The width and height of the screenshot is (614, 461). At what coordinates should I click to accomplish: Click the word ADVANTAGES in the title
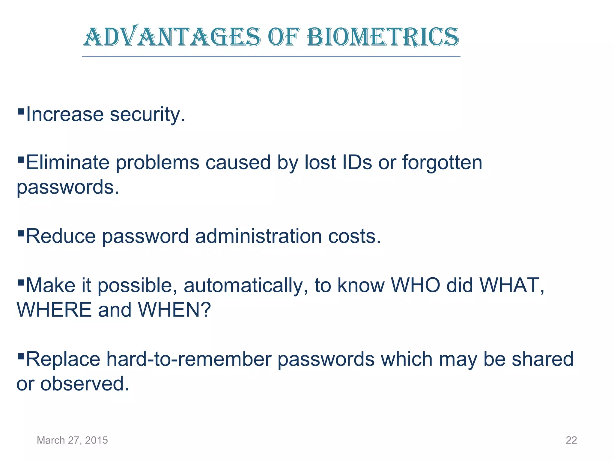[172, 37]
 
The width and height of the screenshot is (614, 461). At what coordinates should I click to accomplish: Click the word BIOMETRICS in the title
[383, 37]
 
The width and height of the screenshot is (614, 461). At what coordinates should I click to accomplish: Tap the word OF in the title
[284, 37]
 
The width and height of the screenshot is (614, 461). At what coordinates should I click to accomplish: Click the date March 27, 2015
[72, 440]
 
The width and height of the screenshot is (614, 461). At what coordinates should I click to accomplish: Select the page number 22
[571, 440]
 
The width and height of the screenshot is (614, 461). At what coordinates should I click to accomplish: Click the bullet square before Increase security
[21, 112]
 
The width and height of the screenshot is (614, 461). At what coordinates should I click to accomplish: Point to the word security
[147, 115]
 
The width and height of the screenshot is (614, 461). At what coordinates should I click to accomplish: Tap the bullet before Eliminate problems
[21, 159]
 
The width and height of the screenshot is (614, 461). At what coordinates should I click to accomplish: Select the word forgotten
[442, 163]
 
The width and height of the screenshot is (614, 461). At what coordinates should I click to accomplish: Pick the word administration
[258, 237]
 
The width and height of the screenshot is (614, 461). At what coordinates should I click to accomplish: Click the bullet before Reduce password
[21, 233]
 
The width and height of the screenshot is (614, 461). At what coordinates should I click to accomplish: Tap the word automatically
[246, 286]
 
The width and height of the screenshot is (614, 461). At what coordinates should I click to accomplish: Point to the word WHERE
[54, 310]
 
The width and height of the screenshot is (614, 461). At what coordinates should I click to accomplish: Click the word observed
[85, 384]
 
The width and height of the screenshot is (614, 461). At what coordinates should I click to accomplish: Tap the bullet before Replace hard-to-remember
[21, 356]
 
